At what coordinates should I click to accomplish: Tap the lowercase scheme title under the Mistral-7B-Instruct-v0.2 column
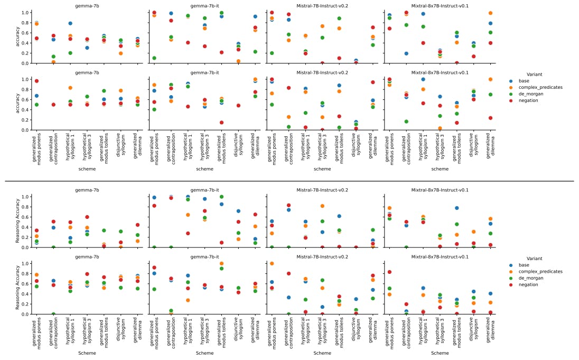coord(322,169)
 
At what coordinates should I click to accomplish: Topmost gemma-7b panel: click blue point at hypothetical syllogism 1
coord(70,23)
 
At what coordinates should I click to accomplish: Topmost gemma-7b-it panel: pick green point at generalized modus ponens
coord(154,58)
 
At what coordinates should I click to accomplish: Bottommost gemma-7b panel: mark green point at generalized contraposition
coord(53,314)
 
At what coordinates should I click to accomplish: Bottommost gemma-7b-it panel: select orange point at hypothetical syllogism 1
coord(188,300)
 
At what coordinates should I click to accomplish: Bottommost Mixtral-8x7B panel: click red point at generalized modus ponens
coord(389,272)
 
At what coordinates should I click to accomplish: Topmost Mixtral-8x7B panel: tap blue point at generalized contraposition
coord(406,53)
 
